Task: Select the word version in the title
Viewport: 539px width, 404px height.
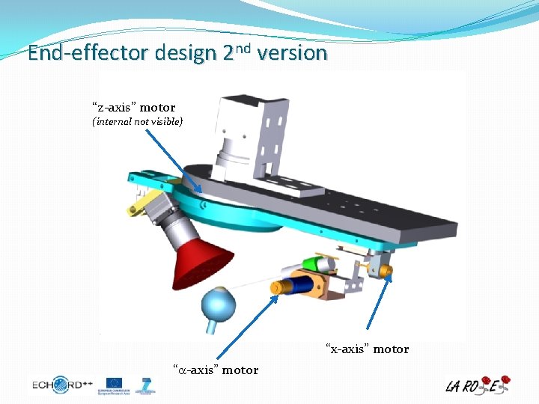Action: point(296,54)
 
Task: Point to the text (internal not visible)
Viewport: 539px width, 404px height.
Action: point(138,121)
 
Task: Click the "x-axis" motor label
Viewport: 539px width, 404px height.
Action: point(367,349)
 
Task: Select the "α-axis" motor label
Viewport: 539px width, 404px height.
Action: point(216,370)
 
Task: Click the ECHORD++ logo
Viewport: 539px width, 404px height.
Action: point(62,385)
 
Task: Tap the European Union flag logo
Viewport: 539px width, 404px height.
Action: point(115,384)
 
